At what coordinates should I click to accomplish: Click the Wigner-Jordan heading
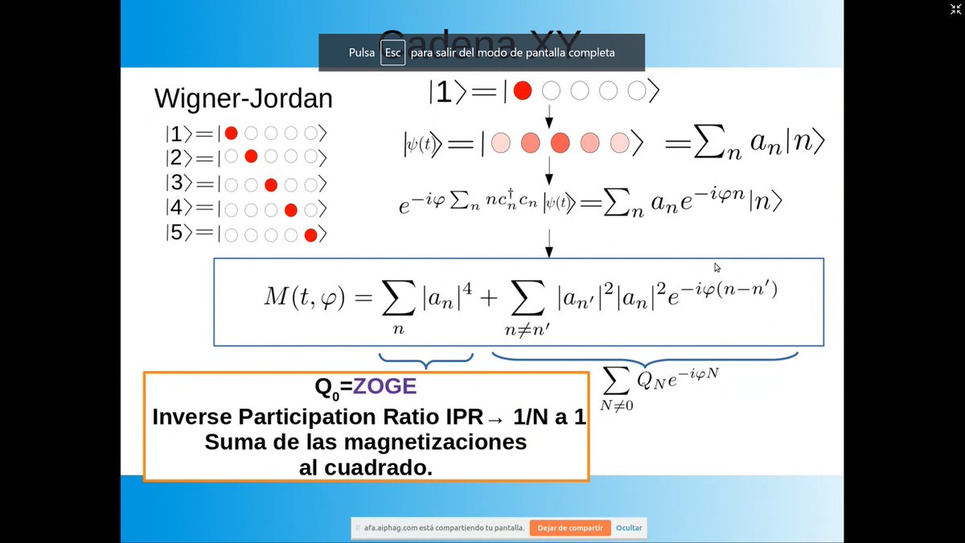[243, 99]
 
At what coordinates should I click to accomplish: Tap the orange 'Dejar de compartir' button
[570, 528]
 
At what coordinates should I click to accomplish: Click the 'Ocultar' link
[629, 528]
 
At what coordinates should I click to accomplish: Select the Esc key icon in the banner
[392, 52]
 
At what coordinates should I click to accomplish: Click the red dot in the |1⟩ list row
[232, 134]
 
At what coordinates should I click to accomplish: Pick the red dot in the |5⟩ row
[310, 235]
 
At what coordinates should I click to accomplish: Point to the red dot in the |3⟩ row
[271, 184]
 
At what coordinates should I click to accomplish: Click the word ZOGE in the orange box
[385, 387]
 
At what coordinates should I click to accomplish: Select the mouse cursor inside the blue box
[717, 268]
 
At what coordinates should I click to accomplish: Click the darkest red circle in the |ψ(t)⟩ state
[560, 143]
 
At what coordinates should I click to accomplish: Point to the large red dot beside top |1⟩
[523, 92]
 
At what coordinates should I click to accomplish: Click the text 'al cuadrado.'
[366, 467]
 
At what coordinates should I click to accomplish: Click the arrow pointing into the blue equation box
[549, 242]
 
